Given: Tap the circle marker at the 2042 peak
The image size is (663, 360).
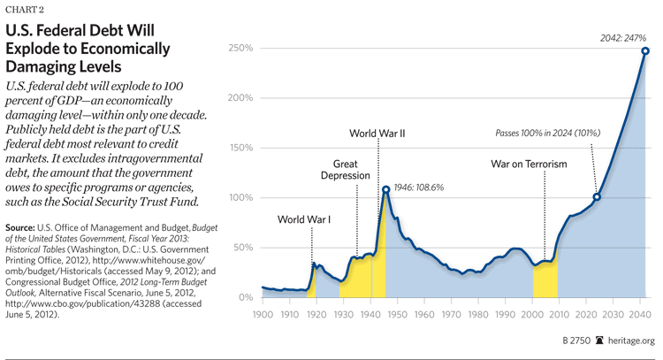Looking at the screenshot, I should coord(645,51).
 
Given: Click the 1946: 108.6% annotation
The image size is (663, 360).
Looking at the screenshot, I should coord(419,188).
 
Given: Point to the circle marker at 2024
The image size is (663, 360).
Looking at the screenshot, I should coord(597,196).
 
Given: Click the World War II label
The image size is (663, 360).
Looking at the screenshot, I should coord(377,135).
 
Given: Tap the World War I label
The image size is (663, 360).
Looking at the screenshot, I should coord(304,219).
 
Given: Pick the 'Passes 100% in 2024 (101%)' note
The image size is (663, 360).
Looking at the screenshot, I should coord(548,133).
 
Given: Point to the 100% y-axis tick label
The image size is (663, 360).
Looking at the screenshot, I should coord(242,197).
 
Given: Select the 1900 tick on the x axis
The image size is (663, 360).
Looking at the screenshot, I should coord(263,314).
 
